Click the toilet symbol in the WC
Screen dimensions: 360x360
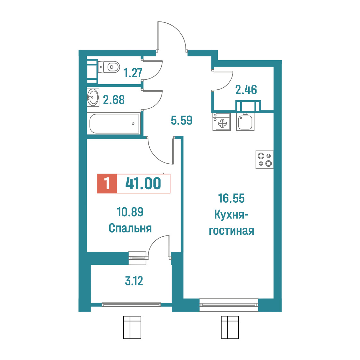[x=109, y=67]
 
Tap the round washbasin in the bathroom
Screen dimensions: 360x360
[x=93, y=97]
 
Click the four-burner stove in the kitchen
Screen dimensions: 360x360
[x=265, y=160]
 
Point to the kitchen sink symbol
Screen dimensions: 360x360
[x=245, y=122]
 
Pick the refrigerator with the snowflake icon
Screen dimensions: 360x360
[x=222, y=122]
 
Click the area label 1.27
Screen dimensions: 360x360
[x=133, y=73]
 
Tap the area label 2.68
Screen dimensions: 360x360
[x=114, y=100]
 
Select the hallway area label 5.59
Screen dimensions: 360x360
[x=182, y=120]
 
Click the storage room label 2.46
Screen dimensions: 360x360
[x=246, y=90]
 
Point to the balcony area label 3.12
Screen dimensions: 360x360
[x=134, y=281]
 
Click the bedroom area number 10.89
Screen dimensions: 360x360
[x=130, y=212]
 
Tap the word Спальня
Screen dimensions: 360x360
[x=130, y=228]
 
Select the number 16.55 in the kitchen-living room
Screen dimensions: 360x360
[x=232, y=198]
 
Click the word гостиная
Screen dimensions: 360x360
[x=232, y=231]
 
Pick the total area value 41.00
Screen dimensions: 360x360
[x=143, y=184]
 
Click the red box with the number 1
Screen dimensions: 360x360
[x=107, y=184]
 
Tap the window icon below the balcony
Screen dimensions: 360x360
[x=132, y=327]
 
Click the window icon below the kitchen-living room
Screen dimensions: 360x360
[x=230, y=327]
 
